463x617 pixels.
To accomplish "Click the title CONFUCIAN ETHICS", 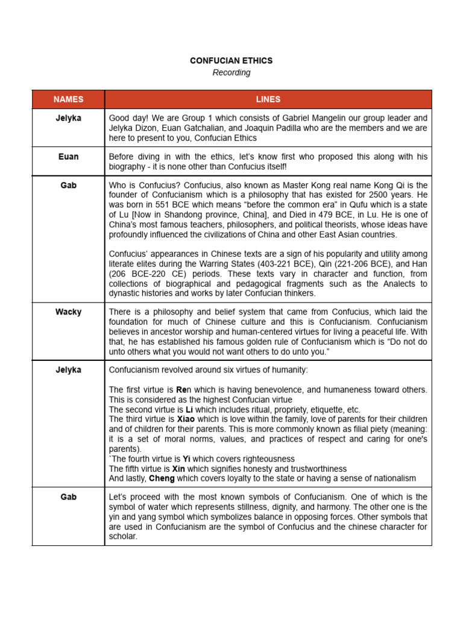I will pos(231,61).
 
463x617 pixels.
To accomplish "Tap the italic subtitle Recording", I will pos(231,73).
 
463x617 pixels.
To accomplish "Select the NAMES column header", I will pos(68,99).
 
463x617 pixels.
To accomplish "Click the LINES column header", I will pos(268,99).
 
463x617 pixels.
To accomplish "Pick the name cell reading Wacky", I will pos(68,312).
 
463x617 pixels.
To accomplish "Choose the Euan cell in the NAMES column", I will pos(68,157).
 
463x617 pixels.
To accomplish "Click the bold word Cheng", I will pos(162,478).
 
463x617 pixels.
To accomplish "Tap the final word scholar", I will pos(122,536).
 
